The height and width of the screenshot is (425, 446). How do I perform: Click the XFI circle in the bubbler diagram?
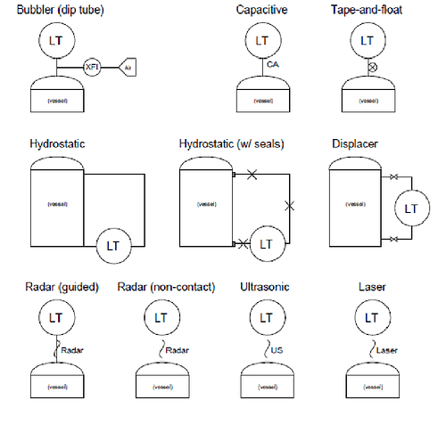[91, 67]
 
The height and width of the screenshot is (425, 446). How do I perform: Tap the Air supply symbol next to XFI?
[127, 67]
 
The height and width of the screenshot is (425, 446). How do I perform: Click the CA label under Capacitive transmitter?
[274, 65]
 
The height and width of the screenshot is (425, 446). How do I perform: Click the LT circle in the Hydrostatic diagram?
[112, 243]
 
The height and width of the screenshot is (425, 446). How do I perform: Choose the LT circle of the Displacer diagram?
[411, 208]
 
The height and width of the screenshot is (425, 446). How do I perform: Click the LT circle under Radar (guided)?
[55, 316]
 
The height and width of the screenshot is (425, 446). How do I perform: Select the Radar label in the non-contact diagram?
[178, 350]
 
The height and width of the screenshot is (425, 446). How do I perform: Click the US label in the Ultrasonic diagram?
[277, 350]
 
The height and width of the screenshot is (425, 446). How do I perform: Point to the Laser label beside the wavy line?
[387, 350]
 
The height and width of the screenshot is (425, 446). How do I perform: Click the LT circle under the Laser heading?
[368, 316]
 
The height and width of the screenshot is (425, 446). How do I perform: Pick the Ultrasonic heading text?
[265, 286]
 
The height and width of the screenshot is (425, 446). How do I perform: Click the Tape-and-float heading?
[368, 10]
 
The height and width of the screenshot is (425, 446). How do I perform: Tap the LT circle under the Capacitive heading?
[261, 41]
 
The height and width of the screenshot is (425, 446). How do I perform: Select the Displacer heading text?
[359, 143]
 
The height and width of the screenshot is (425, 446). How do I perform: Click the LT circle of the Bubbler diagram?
[55, 41]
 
